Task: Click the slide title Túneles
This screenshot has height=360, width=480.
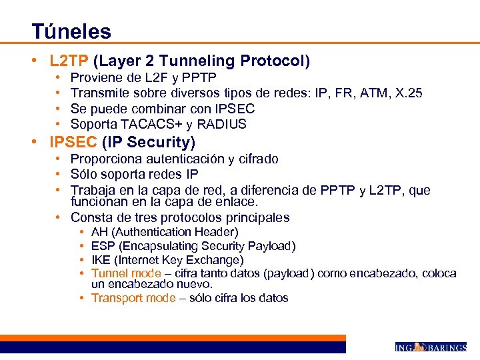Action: tap(71, 31)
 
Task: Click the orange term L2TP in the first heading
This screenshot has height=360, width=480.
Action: tap(69, 61)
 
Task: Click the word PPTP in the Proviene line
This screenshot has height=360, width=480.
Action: tap(198, 78)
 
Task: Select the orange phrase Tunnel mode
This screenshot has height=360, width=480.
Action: tap(126, 273)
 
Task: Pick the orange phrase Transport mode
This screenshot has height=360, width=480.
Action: tap(133, 298)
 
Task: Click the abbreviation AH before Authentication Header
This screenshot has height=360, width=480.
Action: tap(99, 232)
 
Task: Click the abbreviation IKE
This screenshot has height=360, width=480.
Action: tap(101, 260)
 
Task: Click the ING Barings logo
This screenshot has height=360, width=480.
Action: tap(431, 347)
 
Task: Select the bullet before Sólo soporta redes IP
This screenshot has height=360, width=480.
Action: tap(59, 174)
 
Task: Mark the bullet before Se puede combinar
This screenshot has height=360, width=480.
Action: tap(59, 109)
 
